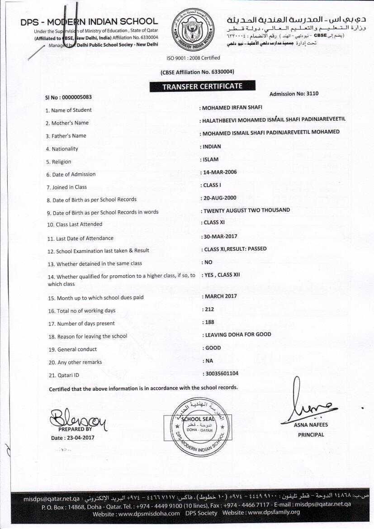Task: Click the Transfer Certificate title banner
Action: point(202,86)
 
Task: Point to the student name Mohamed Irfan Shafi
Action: point(232,108)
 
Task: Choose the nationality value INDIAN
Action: point(212,147)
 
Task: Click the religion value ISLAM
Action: point(211,159)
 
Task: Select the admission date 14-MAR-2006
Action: point(220,172)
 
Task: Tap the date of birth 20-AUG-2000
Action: point(220,198)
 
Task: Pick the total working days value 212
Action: point(209,310)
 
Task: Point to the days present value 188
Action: point(209,322)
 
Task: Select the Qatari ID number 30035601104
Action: point(222,373)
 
